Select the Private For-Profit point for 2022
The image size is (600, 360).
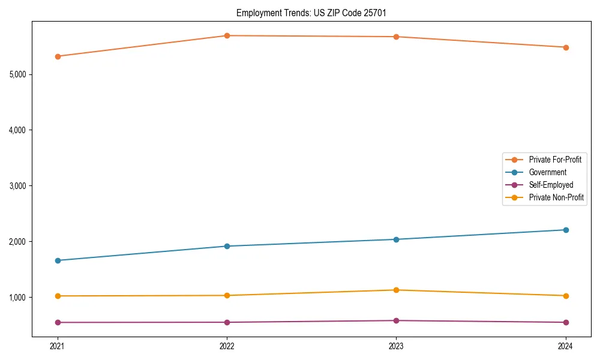[x=227, y=35]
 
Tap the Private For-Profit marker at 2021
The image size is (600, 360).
[x=58, y=56]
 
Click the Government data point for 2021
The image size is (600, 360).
[x=58, y=260]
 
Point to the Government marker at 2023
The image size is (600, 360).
[x=396, y=239]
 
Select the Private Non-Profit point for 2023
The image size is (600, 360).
[x=396, y=290]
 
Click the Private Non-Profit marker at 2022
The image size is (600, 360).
[x=227, y=295]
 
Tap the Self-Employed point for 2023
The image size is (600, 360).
[x=396, y=320]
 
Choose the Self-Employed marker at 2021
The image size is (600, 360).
[x=58, y=322]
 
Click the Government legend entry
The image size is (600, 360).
[x=547, y=172]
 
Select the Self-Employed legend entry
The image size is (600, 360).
[x=551, y=185]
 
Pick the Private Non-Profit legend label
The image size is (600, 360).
[x=556, y=197]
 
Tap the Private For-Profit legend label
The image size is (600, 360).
[x=555, y=160]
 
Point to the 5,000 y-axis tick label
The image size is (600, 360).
[x=17, y=74]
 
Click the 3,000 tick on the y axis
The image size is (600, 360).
[x=17, y=186]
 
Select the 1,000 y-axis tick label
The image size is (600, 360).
[x=17, y=298]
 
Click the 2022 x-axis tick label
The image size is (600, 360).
[x=227, y=346]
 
